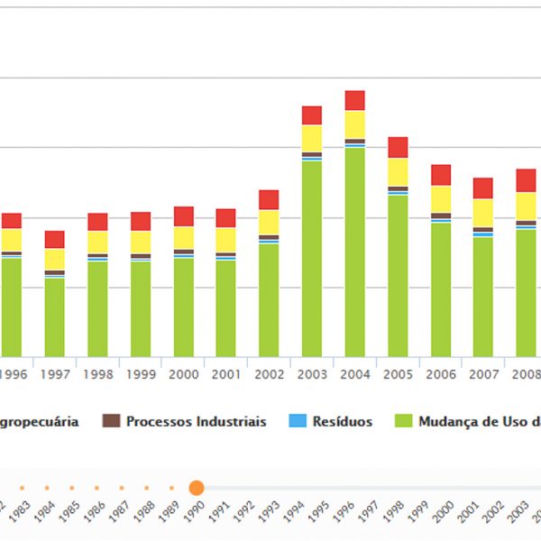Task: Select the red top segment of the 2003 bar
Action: (312, 115)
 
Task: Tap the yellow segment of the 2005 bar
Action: (398, 171)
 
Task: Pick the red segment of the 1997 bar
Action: (55, 239)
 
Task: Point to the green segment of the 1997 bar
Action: (55, 316)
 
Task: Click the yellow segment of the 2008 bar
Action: (526, 206)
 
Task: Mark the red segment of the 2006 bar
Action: (441, 175)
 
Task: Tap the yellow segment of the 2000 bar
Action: (184, 237)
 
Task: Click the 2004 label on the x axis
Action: (354, 374)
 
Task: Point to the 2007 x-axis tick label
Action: (483, 374)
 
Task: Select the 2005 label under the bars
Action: (398, 374)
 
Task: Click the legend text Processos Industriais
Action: (196, 422)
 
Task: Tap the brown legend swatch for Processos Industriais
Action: (112, 421)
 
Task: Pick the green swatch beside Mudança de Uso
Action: (404, 421)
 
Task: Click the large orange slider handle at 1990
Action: (197, 488)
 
